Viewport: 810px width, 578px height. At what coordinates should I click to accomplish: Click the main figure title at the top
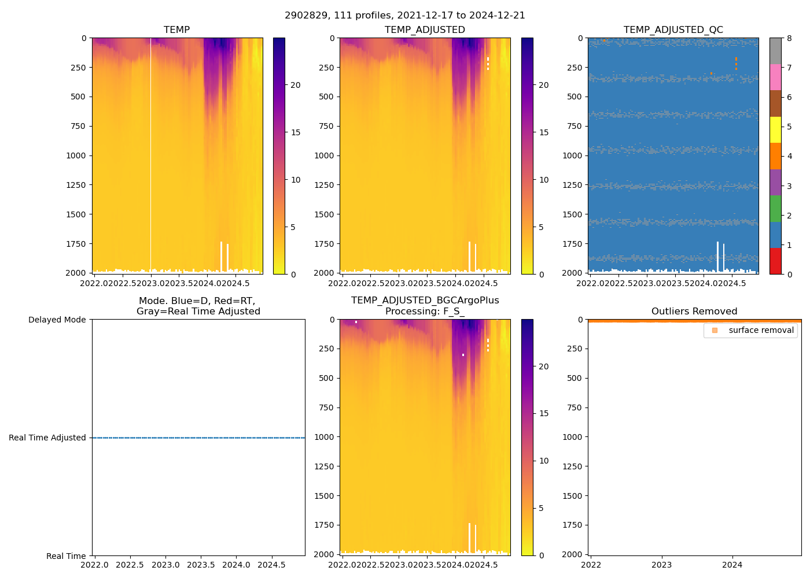point(405,16)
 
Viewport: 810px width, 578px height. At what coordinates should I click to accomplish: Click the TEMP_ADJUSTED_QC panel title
point(673,30)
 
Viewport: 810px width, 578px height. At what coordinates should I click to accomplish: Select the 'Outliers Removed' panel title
point(694,312)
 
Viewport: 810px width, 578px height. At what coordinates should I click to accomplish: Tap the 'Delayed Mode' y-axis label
point(57,320)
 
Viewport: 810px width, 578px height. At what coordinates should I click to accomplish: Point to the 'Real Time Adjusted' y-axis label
point(47,438)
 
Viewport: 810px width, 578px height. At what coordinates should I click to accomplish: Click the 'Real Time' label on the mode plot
point(66,556)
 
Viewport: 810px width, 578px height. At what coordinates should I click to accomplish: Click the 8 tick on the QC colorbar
point(789,38)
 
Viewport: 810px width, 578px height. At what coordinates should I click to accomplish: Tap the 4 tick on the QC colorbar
point(789,157)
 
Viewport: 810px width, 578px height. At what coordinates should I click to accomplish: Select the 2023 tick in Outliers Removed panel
point(662,565)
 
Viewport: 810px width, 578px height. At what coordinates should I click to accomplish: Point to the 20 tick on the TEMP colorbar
point(295,86)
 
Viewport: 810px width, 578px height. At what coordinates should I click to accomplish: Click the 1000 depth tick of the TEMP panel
point(76,155)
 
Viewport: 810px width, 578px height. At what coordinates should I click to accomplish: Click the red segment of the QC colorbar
point(775,261)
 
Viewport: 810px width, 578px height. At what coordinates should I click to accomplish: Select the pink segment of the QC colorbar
point(775,77)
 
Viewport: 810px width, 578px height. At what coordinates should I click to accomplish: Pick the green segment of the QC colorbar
point(775,209)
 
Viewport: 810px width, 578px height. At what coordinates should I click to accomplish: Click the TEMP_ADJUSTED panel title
point(425,30)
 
